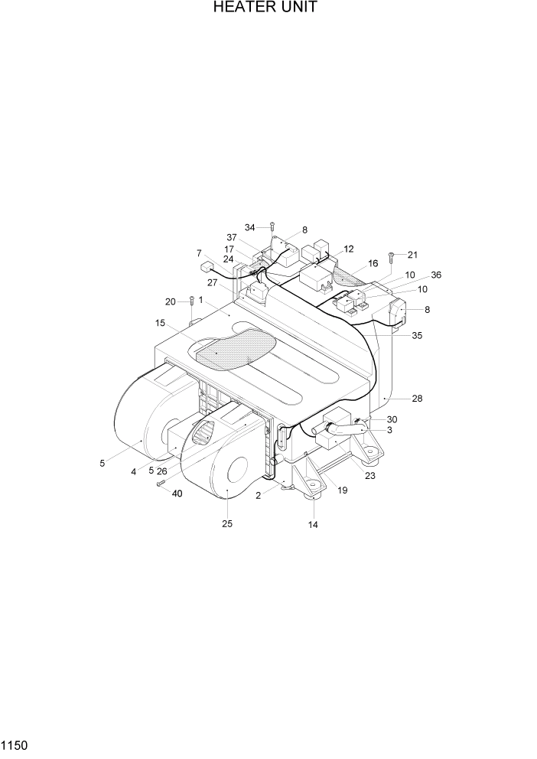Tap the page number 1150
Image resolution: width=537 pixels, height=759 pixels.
point(15,744)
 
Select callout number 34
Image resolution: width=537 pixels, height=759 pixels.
point(250,227)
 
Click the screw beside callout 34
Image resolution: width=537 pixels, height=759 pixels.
point(271,227)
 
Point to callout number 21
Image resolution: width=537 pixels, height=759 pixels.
point(413,255)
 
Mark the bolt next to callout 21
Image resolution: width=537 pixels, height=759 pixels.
point(391,258)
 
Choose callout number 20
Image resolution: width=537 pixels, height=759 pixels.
point(170,301)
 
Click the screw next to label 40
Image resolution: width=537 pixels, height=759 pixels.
point(161,483)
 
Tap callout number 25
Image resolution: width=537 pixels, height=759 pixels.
point(227,524)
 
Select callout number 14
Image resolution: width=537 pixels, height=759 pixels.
point(313,525)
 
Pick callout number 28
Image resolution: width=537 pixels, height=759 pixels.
point(417,399)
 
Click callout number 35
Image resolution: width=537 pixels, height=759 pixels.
point(417,335)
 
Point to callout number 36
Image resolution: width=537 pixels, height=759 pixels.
point(436,275)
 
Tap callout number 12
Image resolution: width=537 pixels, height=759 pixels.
point(348,249)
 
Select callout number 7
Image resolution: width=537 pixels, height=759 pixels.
point(199,252)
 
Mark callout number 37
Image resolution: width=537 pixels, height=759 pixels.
point(231,237)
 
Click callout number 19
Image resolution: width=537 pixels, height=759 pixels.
point(342,490)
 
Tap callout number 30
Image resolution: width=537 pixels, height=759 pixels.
point(392,419)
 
